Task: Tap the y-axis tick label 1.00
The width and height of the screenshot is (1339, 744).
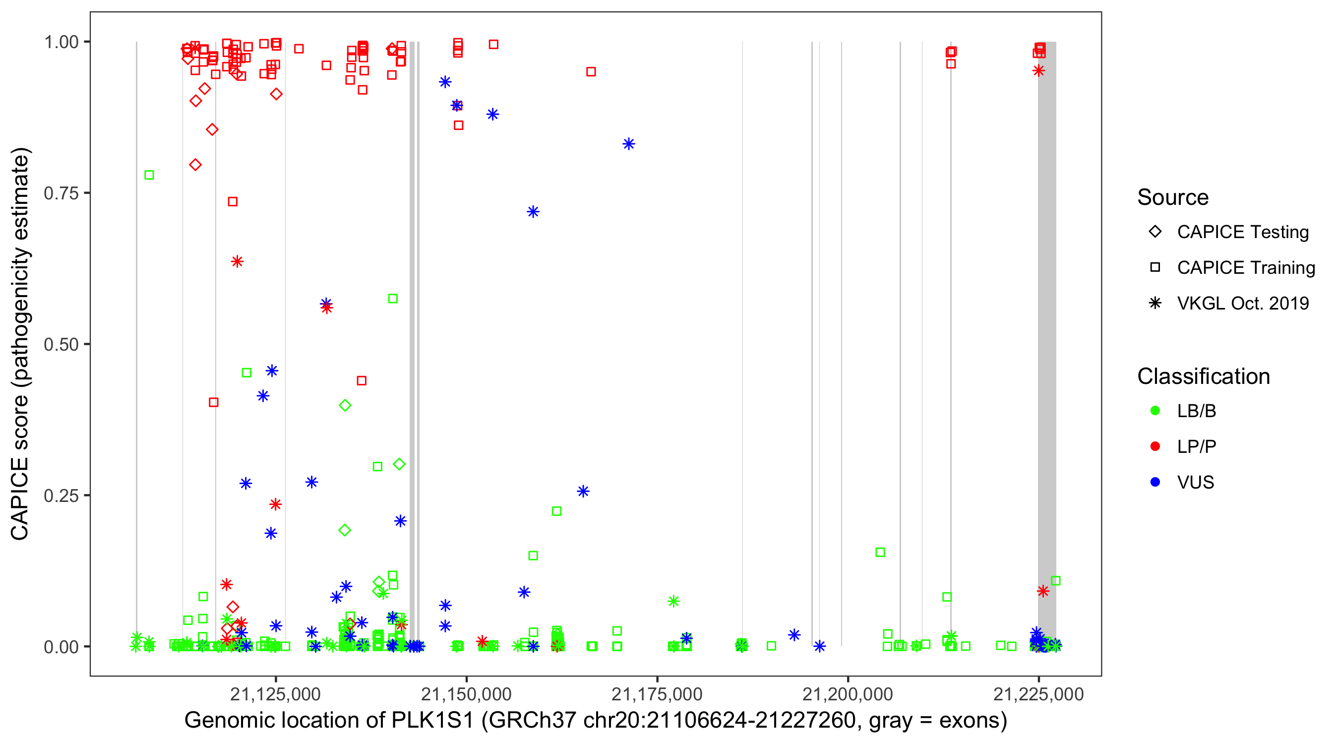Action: point(61,42)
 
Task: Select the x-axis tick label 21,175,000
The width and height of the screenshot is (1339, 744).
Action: point(657,694)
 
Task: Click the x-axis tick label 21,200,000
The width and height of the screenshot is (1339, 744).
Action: point(848,694)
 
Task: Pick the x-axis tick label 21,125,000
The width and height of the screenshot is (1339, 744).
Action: point(276,694)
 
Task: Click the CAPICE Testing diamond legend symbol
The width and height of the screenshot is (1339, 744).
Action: point(1155,232)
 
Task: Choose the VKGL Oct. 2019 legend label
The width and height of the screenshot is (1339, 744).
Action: point(1243,304)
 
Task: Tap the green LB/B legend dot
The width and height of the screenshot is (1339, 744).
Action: point(1155,411)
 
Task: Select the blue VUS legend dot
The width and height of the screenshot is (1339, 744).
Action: point(1155,482)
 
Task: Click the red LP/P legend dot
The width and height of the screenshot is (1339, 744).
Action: point(1155,446)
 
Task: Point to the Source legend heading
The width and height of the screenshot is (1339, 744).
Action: point(1173,197)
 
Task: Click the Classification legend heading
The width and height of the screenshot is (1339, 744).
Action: point(1203,376)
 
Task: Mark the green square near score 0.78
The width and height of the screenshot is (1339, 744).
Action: point(149,175)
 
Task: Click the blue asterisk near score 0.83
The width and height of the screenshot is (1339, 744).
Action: point(629,144)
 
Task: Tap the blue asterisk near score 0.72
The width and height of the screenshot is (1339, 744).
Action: point(533,212)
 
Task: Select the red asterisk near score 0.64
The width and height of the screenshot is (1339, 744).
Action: point(237,261)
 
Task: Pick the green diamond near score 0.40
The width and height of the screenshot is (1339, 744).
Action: point(345,406)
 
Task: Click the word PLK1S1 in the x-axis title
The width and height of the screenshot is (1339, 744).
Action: point(432,721)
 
